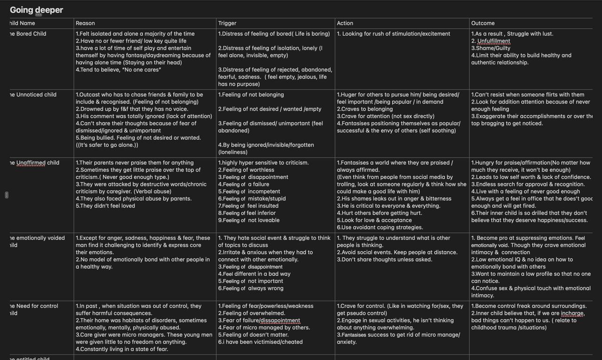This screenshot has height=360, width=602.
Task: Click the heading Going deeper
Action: click(x=36, y=10)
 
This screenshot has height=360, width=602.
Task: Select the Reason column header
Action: click(x=85, y=23)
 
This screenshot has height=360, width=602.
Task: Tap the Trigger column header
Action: click(x=227, y=23)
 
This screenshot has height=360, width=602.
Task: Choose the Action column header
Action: click(x=345, y=23)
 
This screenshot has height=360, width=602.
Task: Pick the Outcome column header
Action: click(x=483, y=23)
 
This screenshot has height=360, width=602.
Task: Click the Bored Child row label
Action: click(x=28, y=34)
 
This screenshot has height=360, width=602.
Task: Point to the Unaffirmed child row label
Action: click(x=34, y=163)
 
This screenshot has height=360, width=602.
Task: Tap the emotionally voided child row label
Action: click(x=37, y=238)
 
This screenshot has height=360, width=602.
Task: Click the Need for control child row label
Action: click(x=34, y=306)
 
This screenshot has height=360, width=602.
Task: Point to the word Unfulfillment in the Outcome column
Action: click(x=493, y=41)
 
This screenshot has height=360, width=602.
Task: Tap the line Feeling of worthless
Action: click(x=246, y=170)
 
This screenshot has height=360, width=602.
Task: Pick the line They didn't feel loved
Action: click(x=105, y=206)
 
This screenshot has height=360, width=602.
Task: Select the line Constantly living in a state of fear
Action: click(x=122, y=349)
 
